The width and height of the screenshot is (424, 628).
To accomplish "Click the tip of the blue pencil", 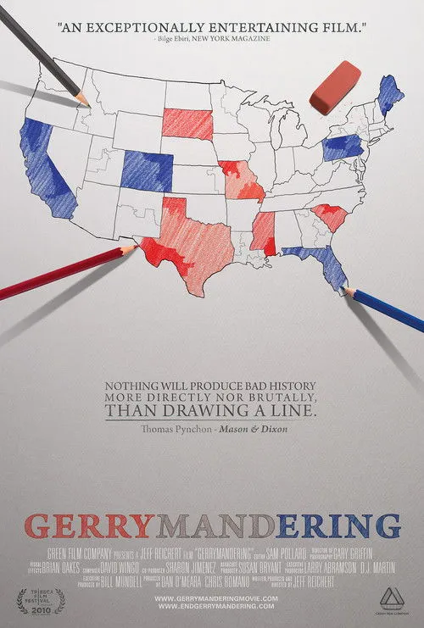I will click(x=345, y=290).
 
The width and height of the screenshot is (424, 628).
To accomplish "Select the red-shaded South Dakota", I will click(x=187, y=124).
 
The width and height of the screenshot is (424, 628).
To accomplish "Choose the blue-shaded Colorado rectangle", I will click(x=146, y=171).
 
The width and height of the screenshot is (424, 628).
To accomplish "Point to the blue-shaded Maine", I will click(x=391, y=95).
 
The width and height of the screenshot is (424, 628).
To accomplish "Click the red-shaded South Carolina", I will click(x=330, y=216).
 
